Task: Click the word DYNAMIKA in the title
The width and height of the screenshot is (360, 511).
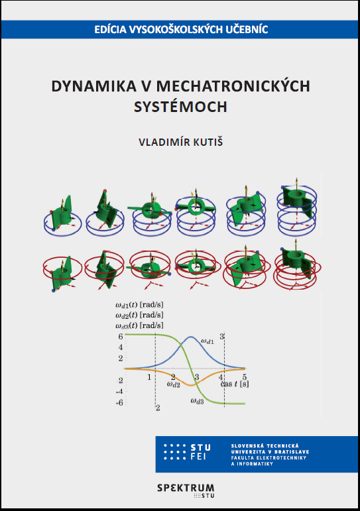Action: coord(94,86)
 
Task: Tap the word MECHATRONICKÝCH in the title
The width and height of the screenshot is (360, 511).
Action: coord(233,86)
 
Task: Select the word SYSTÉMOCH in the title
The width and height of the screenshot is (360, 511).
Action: coord(180,107)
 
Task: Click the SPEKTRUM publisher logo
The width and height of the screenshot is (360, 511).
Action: coord(186,488)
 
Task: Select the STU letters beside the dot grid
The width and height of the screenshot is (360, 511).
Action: coord(200,447)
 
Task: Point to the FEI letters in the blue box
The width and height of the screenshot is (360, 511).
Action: coord(198,457)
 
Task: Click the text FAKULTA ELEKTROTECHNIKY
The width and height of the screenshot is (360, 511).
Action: coord(269,457)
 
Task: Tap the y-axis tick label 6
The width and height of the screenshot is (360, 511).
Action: coord(121,336)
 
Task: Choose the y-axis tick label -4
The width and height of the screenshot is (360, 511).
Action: coord(119,392)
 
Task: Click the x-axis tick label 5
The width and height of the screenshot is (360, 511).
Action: coord(245,378)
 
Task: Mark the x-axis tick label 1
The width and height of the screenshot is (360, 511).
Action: coord(149,378)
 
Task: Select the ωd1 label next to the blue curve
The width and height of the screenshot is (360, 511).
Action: coord(208,341)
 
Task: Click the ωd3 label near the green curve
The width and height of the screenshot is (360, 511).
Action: coord(197,401)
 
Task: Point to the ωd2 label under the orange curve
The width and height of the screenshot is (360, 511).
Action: coord(174,384)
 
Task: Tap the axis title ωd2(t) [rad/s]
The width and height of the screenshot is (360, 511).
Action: coord(139,315)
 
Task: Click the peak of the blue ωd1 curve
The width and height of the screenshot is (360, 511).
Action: coord(191,337)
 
